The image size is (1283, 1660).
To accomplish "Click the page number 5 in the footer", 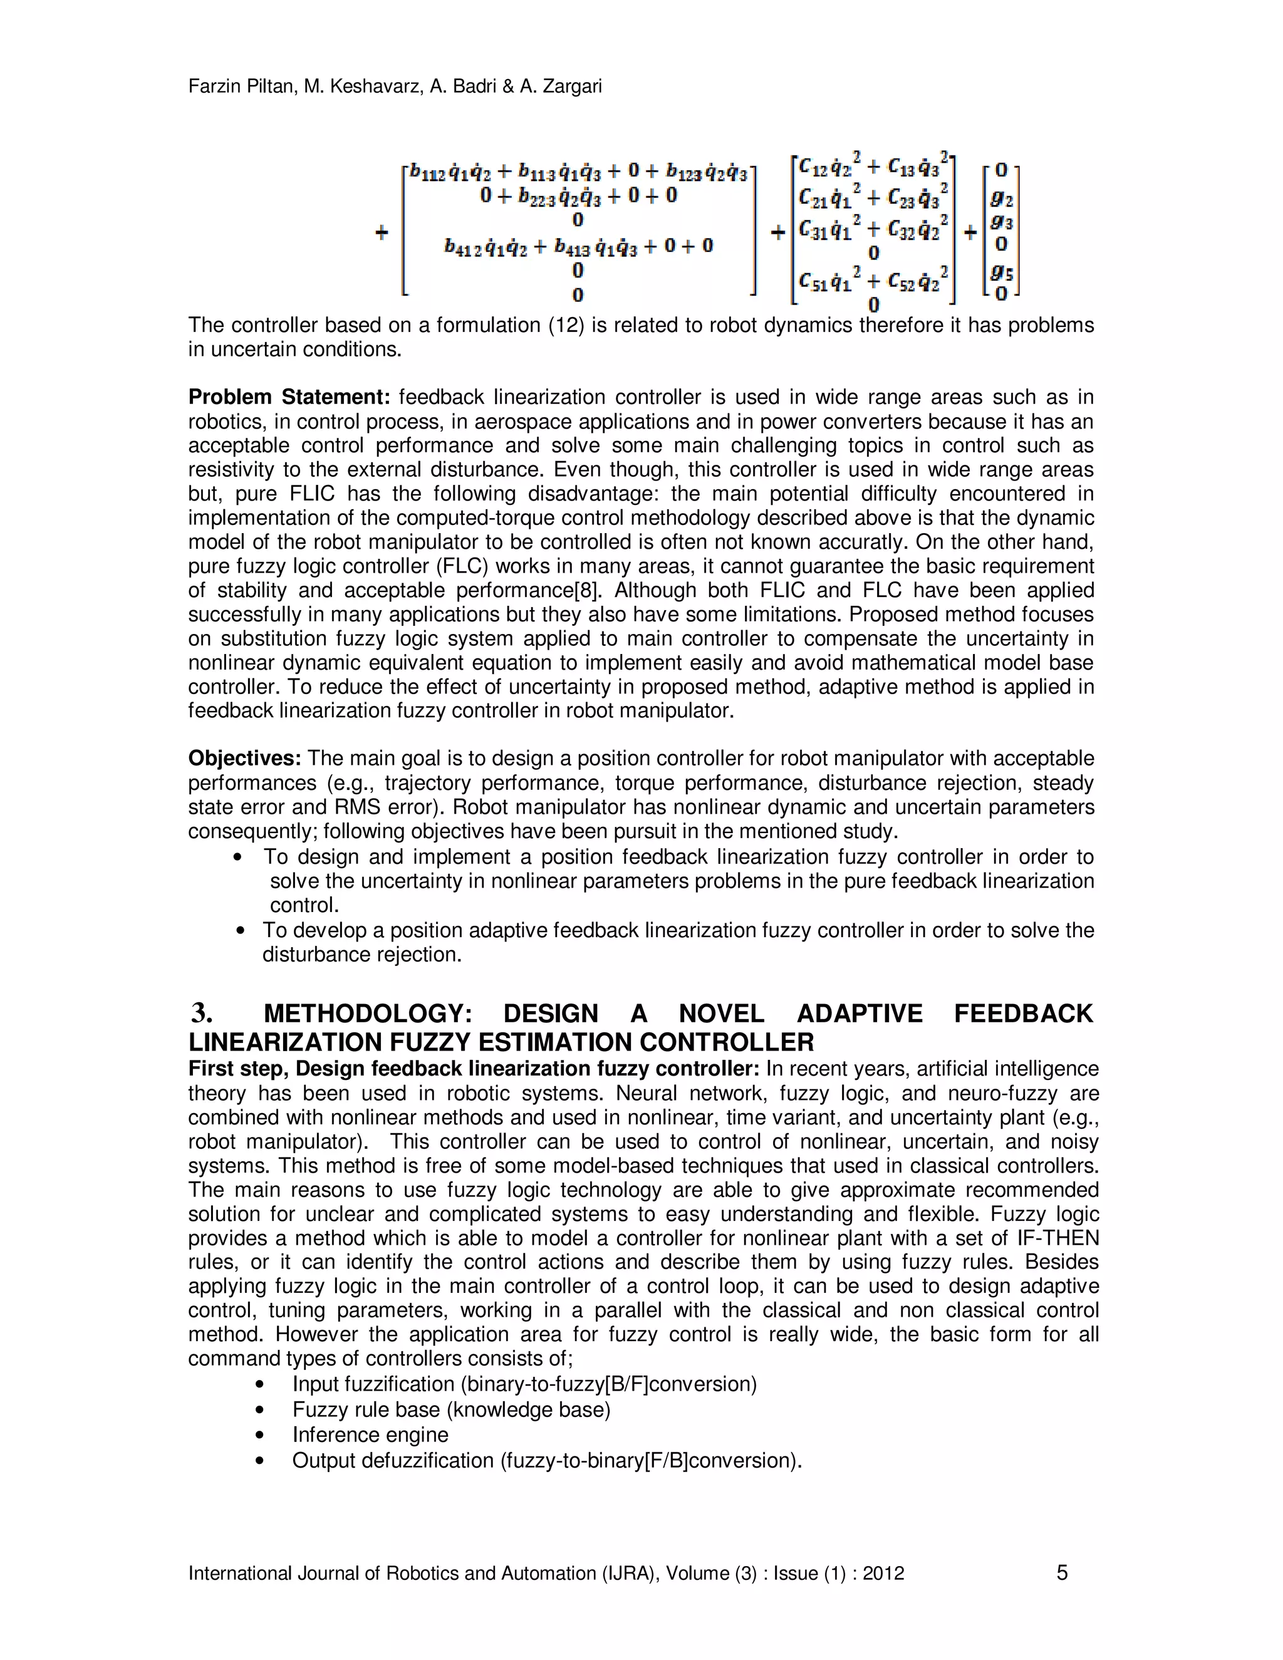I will pos(1062,1572).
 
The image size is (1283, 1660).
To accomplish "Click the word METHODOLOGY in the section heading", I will pos(368,1014).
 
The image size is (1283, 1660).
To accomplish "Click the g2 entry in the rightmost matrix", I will pos(1002,199).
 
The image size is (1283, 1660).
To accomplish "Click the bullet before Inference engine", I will pos(260,1435).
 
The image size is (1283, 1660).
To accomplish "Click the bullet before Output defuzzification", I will pos(260,1460).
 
